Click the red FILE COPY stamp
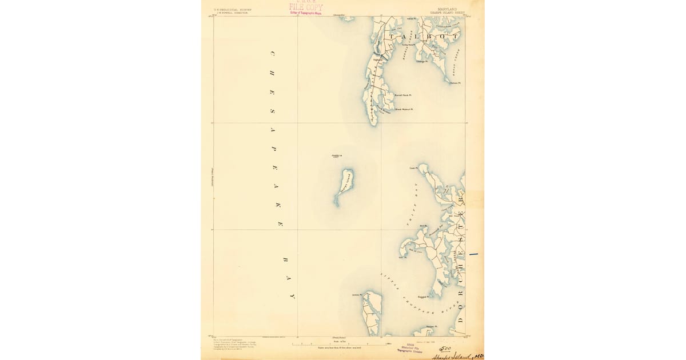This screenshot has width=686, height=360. click(x=306, y=7)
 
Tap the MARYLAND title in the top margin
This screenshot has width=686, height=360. click(x=447, y=9)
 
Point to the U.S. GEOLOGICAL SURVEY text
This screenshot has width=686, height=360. click(x=233, y=9)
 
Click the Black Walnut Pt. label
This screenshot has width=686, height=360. click(x=404, y=109)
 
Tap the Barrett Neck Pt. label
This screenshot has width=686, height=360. click(x=403, y=95)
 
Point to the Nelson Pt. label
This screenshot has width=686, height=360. click(x=455, y=83)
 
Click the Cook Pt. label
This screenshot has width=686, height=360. click(x=414, y=168)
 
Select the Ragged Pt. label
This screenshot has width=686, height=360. click(x=424, y=297)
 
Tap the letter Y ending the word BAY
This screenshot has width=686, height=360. click(x=292, y=297)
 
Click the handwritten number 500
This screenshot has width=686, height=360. click(x=446, y=349)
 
